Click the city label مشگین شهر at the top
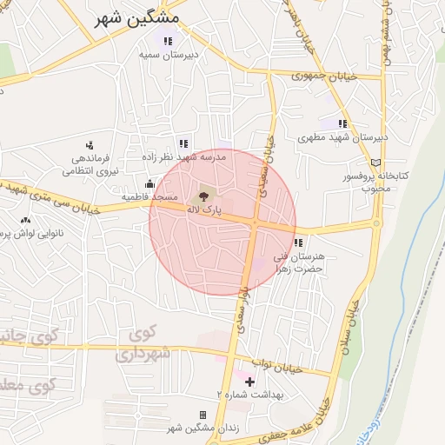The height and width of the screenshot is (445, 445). coord(138,17)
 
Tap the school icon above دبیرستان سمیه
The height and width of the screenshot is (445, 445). coord(168,41)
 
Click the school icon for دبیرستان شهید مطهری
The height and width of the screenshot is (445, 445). coord(343,124)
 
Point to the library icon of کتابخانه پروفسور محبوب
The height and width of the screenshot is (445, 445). coord(375,163)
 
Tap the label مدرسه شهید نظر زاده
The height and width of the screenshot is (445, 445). coord(183,157)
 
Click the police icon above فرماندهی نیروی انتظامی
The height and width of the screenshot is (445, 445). coord(89,145)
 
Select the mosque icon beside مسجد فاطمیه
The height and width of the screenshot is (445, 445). coord(150,183)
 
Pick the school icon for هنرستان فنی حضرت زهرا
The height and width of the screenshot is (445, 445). coord(299,242)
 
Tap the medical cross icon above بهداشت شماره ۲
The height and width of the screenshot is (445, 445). coord(250,382)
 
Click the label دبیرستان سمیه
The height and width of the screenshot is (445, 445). coord(170,54)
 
